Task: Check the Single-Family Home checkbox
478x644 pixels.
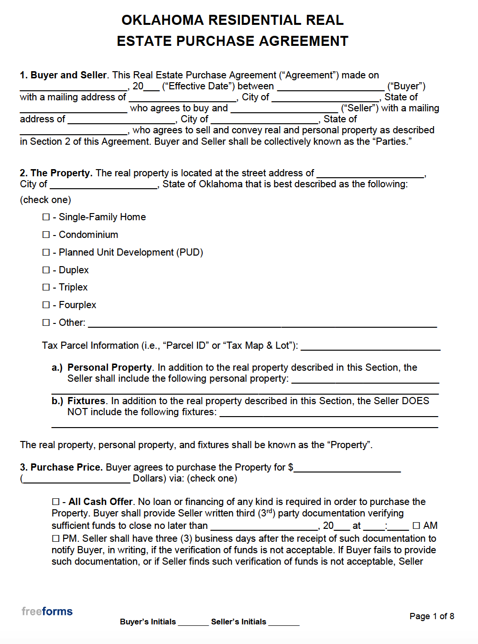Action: [x=46, y=217]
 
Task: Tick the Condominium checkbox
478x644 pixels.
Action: [x=46, y=235]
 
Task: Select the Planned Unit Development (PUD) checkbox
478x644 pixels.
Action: [x=46, y=252]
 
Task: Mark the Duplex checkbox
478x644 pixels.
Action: [x=46, y=270]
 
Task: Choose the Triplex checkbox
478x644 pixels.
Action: [x=46, y=287]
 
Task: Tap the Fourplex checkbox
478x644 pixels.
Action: [x=46, y=305]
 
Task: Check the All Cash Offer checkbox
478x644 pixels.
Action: [x=55, y=502]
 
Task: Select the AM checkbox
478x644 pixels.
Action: [x=416, y=526]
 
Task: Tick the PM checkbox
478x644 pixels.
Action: [x=55, y=539]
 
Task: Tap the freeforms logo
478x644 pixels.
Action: [x=47, y=611]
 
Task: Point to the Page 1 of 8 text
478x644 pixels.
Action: [x=432, y=616]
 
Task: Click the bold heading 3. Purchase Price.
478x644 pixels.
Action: [x=61, y=467]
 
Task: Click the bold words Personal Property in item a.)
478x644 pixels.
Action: [x=109, y=367]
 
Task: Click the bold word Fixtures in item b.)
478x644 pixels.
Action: [x=87, y=401]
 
